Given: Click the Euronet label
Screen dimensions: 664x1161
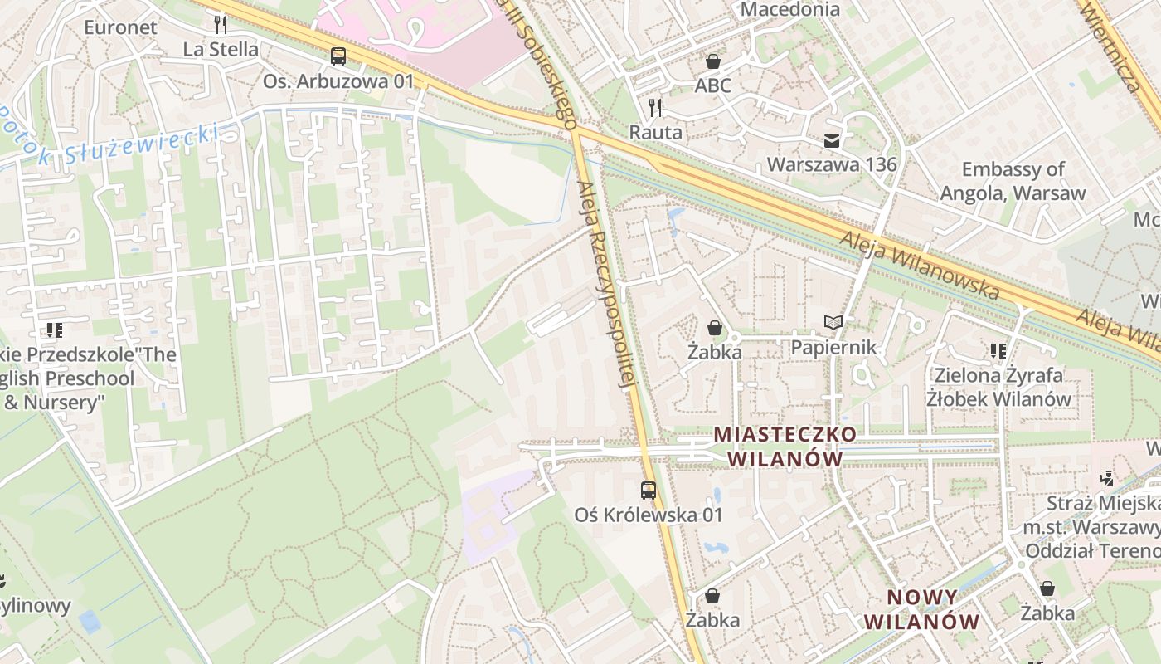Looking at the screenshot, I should [120, 27].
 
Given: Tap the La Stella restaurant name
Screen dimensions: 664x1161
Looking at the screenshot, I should [221, 49].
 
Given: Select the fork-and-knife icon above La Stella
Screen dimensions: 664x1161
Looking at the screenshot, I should [220, 23].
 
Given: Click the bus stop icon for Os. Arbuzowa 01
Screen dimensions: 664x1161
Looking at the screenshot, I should [338, 56].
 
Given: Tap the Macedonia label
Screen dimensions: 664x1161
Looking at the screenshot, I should [789, 9].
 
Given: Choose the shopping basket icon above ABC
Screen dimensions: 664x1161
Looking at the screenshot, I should [712, 61].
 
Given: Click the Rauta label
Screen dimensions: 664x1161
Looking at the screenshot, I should [655, 132].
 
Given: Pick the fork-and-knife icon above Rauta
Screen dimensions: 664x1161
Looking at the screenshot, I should [655, 107].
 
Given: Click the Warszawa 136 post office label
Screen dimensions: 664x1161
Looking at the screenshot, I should [832, 164].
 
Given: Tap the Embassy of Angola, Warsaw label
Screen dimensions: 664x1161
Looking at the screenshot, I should [1013, 181].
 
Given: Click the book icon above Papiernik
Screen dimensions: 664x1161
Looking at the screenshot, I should [833, 322].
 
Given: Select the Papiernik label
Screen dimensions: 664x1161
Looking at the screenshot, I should [833, 347].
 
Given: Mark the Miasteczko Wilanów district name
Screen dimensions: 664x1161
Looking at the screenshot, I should [785, 446].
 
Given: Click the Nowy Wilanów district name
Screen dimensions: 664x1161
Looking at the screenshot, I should [922, 609].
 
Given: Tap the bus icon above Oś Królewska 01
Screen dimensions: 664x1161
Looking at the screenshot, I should [649, 490].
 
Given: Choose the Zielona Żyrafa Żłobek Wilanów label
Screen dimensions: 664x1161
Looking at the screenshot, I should [999, 387].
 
